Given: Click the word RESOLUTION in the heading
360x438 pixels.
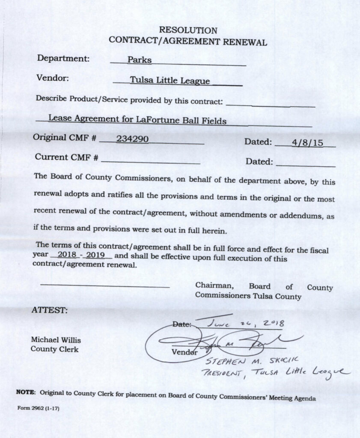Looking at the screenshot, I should pos(188,30).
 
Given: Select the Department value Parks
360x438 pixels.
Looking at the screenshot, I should pos(140,60).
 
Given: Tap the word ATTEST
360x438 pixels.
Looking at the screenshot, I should pos(49,310).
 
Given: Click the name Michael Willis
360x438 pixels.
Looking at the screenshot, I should pos(56,340).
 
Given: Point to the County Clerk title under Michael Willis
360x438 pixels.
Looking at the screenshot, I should pos(54,349).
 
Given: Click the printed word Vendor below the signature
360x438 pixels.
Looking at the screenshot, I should pos(184,352).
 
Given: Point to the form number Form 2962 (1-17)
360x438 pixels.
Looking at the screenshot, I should pos(38,408).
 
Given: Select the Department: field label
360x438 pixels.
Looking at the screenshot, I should pos(63,58).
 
